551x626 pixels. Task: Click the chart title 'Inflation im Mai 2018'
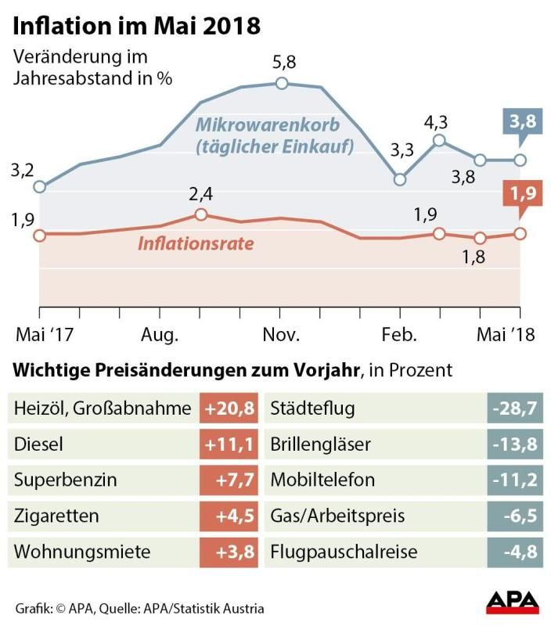pyautogui.click(x=137, y=25)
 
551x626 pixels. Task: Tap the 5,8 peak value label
pyautogui.click(x=282, y=63)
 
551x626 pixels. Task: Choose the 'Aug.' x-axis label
pyautogui.click(x=160, y=335)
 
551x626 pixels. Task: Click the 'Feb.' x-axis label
pyautogui.click(x=400, y=335)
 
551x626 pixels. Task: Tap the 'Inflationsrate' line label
pyautogui.click(x=196, y=243)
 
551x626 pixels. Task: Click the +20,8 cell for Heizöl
pyautogui.click(x=230, y=408)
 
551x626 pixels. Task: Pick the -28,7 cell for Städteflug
pyautogui.click(x=513, y=408)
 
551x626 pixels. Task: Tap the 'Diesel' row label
pyautogui.click(x=38, y=444)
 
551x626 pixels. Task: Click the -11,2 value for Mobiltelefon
pyautogui.click(x=513, y=480)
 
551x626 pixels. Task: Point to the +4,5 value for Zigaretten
pyautogui.click(x=230, y=516)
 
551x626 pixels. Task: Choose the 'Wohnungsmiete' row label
pyautogui.click(x=82, y=552)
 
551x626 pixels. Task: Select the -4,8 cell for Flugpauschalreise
pyautogui.click(x=513, y=552)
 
